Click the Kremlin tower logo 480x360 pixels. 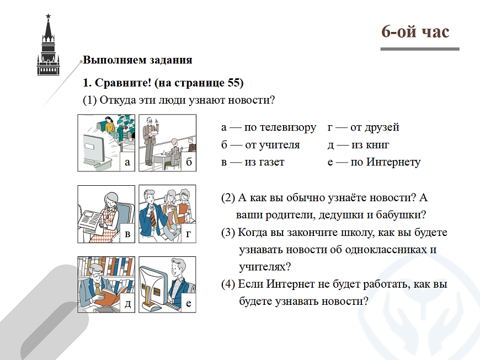pos(48,46)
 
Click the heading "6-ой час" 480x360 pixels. pos(415,31)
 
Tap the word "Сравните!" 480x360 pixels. pos(123,83)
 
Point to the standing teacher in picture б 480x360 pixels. pos(151,140)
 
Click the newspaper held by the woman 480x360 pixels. pos(90,220)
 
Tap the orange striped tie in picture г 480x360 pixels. pos(153,218)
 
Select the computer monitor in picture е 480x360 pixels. pos(153,287)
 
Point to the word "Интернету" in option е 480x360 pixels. pos(393,162)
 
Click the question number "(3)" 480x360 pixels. pos(228,233)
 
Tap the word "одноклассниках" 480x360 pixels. pos(387,250)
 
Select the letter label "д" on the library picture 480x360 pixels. pos(127,303)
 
